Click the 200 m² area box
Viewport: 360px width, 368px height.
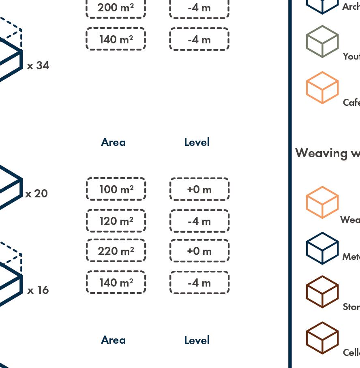[x=116, y=8]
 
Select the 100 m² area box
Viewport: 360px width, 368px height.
[x=116, y=189]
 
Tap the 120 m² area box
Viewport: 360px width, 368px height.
[x=116, y=221]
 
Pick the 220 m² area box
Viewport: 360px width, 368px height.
[x=116, y=251]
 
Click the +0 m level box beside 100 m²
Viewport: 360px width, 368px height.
[x=199, y=189]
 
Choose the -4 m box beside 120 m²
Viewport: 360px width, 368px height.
[x=199, y=221]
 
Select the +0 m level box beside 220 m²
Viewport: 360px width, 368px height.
[x=199, y=251]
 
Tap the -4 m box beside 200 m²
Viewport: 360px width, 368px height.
[x=199, y=8]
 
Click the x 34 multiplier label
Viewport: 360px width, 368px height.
[x=38, y=66]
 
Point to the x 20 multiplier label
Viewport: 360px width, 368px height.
[x=36, y=194]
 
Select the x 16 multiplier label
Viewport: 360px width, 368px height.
[x=38, y=290]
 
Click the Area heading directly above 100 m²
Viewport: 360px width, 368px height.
[x=113, y=142]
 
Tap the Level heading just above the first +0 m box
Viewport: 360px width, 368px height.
[x=197, y=142]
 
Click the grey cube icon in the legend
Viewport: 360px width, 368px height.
[x=322, y=41]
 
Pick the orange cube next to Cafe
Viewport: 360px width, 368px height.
[x=322, y=88]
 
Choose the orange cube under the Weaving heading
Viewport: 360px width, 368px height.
[x=322, y=202]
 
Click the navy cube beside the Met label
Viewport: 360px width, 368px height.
[x=322, y=248]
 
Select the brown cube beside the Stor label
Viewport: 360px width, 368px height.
[x=322, y=292]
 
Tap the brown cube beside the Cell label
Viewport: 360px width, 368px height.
[x=322, y=338]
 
